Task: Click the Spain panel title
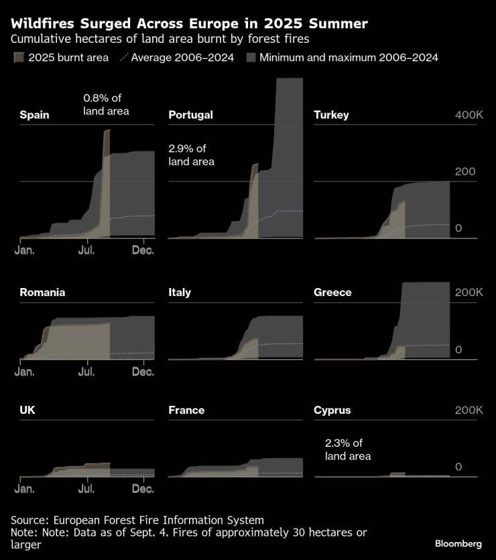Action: point(34,115)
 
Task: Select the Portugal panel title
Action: point(190,115)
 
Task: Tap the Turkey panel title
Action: point(331,115)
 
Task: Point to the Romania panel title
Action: point(42,293)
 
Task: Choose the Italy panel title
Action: point(180,293)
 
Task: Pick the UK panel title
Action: point(27,410)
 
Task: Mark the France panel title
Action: point(186,410)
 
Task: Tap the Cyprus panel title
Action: point(332,410)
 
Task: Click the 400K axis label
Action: point(469,115)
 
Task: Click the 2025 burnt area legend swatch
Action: point(18,58)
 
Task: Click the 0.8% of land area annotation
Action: point(106,104)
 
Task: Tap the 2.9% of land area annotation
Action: point(192,155)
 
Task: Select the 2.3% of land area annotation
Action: point(348,449)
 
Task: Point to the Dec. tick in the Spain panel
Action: point(143,250)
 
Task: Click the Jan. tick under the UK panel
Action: point(25,488)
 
